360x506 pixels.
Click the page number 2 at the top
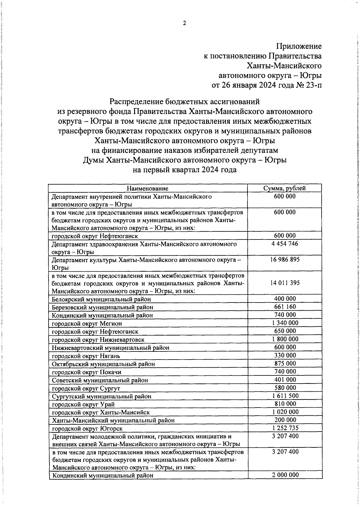[x=184, y=23]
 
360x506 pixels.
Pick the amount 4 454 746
[x=285, y=244]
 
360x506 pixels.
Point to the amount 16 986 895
[x=285, y=259]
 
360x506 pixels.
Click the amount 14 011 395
[x=285, y=283]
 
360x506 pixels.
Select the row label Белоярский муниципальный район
[x=101, y=299]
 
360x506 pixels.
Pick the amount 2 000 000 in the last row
[x=285, y=475]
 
